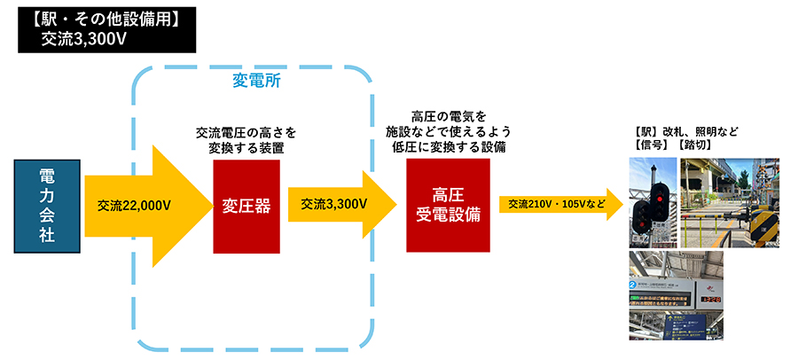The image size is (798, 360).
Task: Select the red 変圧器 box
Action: (x=246, y=206)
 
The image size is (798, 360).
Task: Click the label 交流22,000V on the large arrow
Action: (x=134, y=206)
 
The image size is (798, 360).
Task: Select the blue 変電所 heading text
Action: (x=257, y=81)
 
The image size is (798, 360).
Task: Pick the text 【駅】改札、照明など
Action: (x=686, y=130)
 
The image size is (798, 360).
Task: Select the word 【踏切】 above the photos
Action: (x=697, y=145)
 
